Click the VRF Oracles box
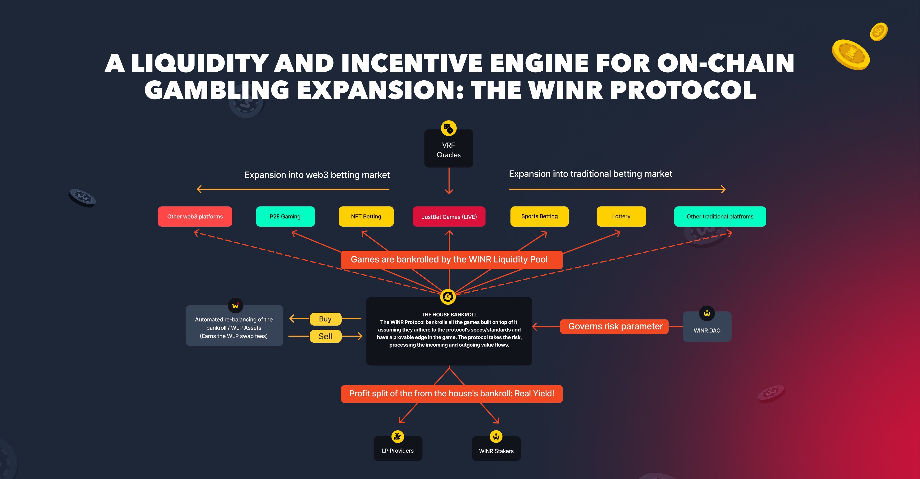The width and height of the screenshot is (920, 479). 449,148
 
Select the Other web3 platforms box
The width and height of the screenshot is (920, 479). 195,216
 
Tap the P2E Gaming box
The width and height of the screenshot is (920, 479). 285,216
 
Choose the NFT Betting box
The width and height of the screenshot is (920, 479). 366,216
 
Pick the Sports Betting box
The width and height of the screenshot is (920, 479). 539,216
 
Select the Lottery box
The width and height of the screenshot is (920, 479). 621,216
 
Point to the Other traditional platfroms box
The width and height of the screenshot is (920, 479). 720,216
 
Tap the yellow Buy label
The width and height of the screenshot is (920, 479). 325,319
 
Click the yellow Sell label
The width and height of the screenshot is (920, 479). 325,336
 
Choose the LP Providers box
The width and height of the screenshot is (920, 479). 398,448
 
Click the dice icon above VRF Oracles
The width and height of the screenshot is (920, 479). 449,128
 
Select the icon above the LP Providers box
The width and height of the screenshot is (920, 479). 398,436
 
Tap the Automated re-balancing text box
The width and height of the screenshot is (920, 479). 234,326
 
